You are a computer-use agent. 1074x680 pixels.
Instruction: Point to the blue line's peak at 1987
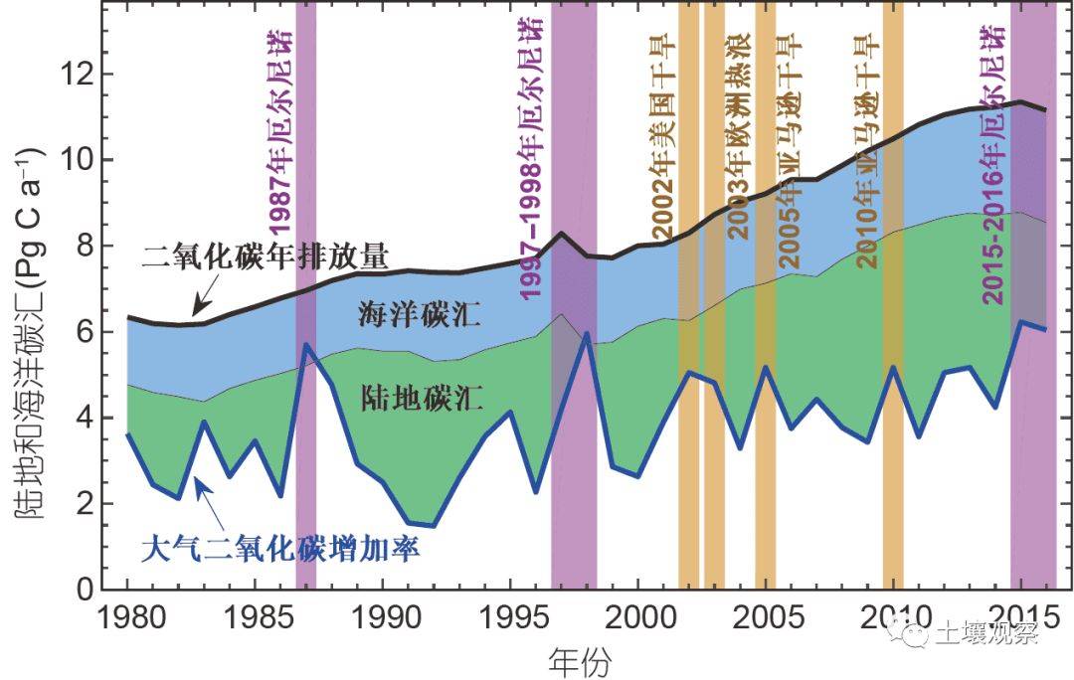point(306,344)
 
